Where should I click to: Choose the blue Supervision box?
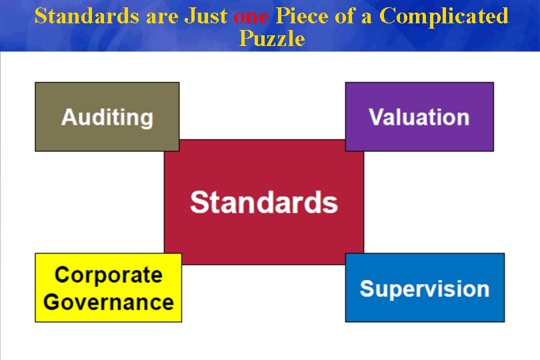425,307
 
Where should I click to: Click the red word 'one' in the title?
251,16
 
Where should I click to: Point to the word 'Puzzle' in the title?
272,39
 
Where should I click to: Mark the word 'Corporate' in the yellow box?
108,275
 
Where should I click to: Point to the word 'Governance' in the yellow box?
108,301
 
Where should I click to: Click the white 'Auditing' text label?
107,117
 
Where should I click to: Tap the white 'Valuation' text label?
419,117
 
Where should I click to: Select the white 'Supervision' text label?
425,289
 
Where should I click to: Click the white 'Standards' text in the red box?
264,201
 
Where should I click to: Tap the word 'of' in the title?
345,16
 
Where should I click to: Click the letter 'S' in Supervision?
367,289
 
